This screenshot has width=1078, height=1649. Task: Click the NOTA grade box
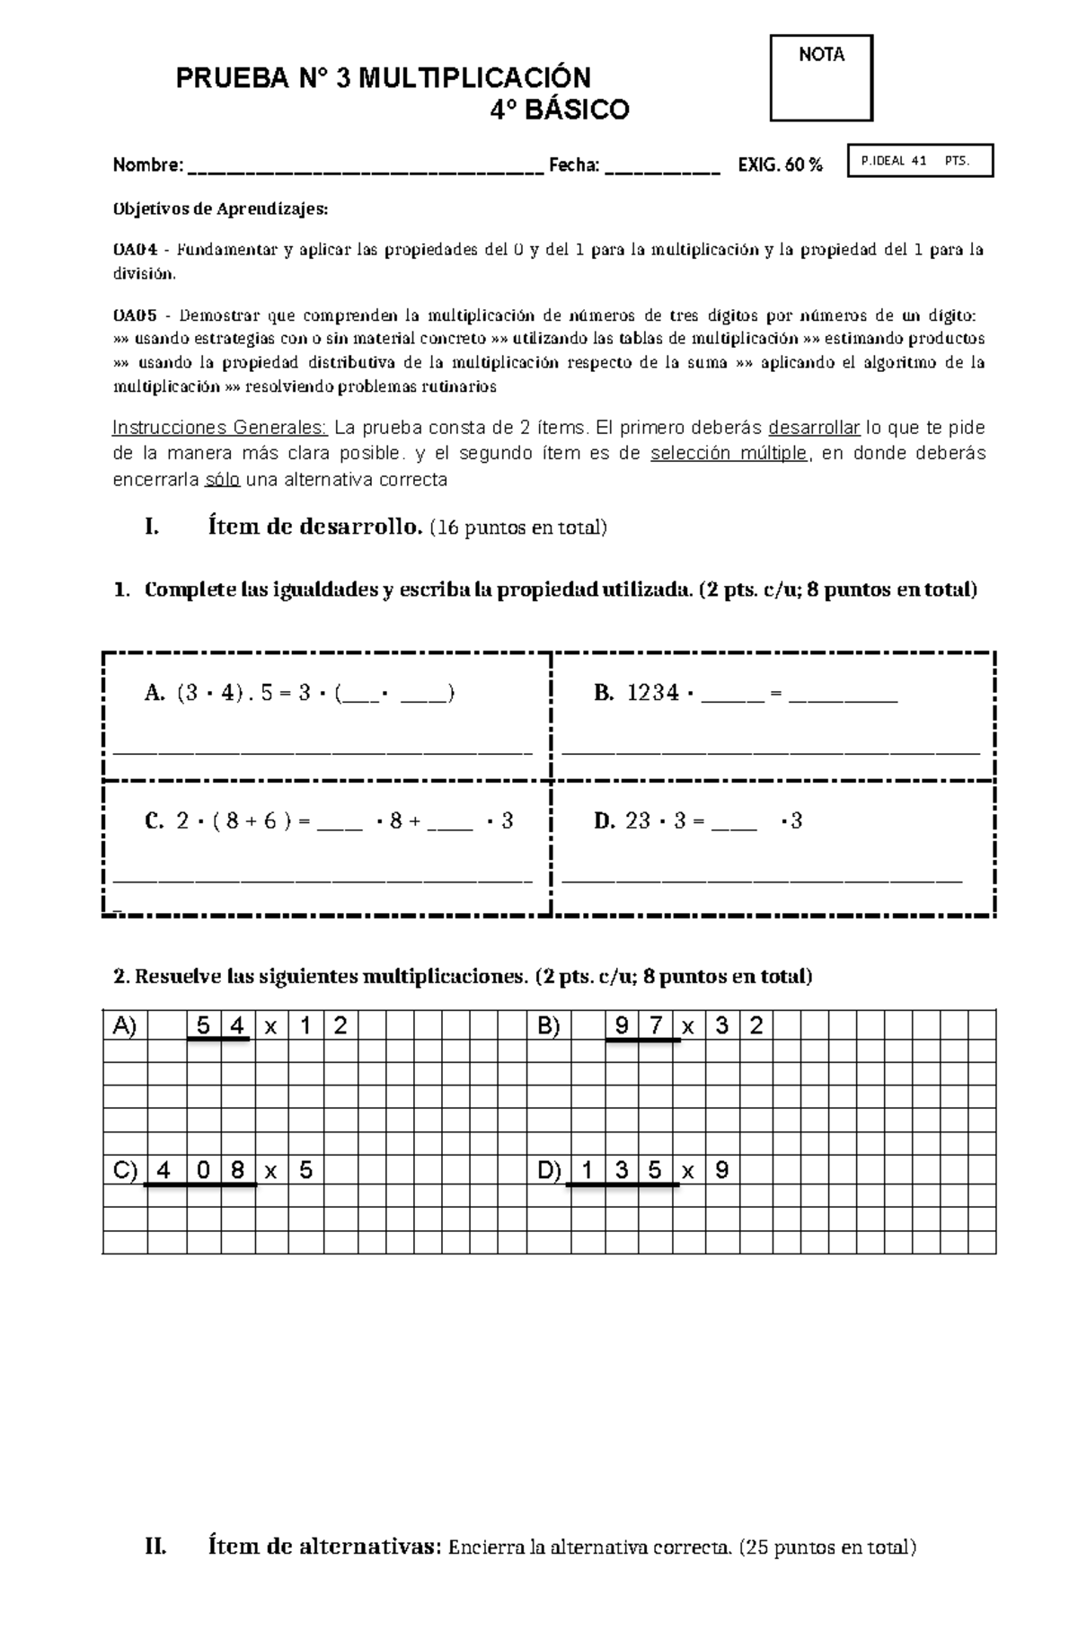(x=821, y=78)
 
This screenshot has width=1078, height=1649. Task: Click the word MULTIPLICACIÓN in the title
(x=474, y=79)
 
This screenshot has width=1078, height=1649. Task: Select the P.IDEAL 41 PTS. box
(x=920, y=162)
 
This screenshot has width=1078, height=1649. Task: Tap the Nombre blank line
(x=364, y=168)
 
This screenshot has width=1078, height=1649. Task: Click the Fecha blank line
(x=662, y=168)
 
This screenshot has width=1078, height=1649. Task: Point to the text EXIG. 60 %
(x=780, y=165)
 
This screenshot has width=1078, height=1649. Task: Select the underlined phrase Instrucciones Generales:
(x=220, y=428)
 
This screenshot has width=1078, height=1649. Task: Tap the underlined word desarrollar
(x=814, y=428)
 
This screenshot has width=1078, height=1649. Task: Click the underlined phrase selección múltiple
(x=729, y=454)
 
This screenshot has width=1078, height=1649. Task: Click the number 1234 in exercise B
(x=653, y=693)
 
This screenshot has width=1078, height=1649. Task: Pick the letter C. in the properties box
(x=155, y=820)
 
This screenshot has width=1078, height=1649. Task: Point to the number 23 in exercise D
(x=638, y=820)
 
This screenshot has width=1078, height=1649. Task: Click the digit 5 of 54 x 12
(x=203, y=1025)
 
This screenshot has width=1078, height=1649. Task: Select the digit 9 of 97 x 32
(x=622, y=1025)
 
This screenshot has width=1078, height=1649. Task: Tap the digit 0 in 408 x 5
(x=203, y=1171)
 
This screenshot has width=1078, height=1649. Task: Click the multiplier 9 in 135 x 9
(x=721, y=1171)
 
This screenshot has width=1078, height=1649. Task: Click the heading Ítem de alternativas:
(x=325, y=1547)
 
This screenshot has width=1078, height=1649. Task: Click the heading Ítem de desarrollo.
(x=314, y=528)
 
